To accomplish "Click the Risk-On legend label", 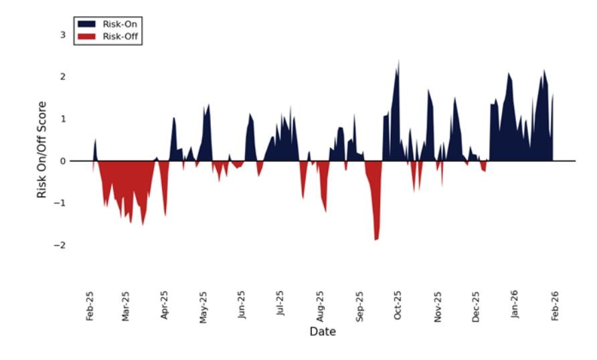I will click(120, 23).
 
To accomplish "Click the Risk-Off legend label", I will click(120, 36).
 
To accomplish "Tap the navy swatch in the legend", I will click(86, 23).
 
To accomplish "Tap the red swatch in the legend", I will click(86, 36).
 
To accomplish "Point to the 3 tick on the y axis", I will click(63, 35).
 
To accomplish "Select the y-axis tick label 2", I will click(63, 77).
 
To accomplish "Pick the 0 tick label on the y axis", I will click(63, 161).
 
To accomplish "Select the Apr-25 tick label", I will click(165, 306).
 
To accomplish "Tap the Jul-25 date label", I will click(280, 306).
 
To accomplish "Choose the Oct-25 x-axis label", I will click(398, 306).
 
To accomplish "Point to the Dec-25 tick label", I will click(476, 306).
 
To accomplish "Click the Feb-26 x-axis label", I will click(554, 306).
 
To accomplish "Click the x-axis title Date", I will click(323, 332).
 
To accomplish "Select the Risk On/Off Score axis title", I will click(42, 149).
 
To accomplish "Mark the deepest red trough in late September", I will click(376, 238).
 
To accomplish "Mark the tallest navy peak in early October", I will click(398, 62).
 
